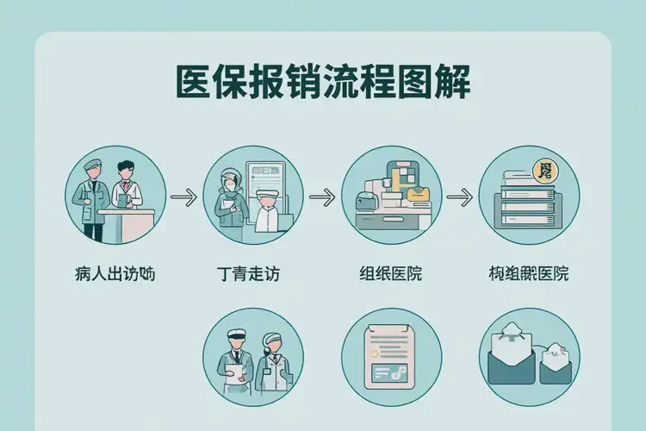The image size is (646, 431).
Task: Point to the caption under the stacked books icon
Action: coord(527,275)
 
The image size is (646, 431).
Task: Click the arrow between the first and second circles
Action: coord(183,197)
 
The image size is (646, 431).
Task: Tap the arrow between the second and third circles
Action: coord(320,197)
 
